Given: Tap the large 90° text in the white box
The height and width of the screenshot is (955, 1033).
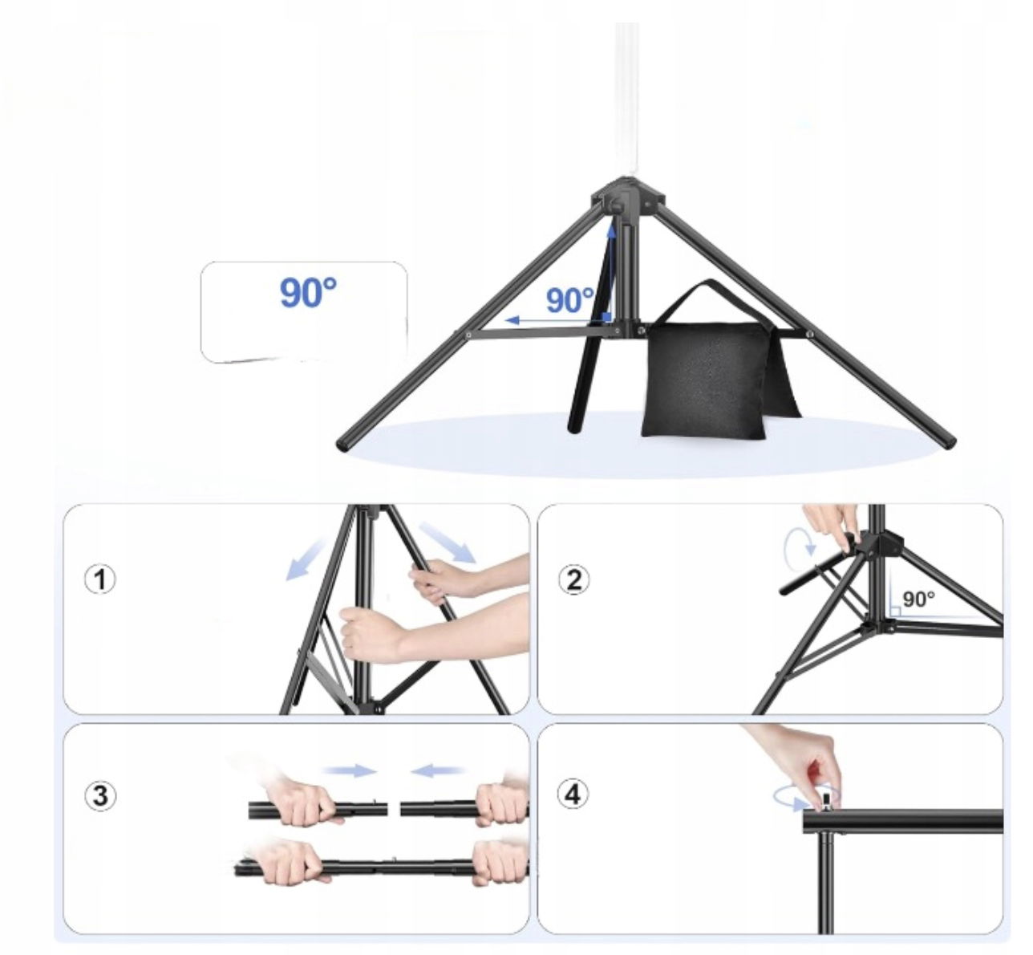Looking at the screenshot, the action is point(309,293).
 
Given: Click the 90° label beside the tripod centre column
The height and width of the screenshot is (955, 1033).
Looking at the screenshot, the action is point(569,300).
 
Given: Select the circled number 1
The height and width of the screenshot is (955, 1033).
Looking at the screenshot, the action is point(100,579).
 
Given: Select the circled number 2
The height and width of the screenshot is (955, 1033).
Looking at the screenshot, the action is point(573,579).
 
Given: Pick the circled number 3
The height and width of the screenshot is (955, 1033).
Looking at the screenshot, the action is point(100,797).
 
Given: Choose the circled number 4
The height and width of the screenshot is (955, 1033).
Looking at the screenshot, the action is point(573,795).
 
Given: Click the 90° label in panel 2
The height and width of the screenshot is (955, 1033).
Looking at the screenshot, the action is point(918,599).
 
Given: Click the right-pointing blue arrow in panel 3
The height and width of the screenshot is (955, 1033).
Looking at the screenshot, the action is point(350,770).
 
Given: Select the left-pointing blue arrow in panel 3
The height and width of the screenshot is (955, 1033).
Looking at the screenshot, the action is point(436,770).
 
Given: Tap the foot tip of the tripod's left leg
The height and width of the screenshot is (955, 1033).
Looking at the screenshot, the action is point(344,446).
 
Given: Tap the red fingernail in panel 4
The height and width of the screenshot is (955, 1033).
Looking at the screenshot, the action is point(812,767).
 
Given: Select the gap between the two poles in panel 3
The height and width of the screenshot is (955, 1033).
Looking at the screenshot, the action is point(394,810).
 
